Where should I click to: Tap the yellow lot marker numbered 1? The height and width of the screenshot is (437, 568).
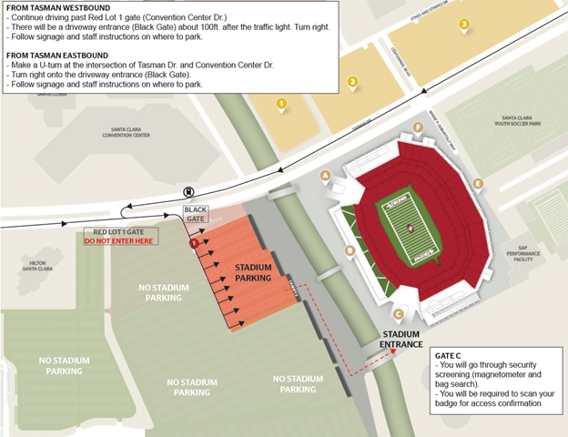(x=282, y=104)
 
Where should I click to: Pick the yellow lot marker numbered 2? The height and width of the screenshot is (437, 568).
(x=352, y=82)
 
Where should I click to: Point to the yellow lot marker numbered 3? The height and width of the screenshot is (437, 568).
(x=464, y=25)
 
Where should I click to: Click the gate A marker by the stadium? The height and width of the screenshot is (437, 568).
(x=325, y=175)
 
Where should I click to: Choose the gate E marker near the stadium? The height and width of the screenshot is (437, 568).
(x=478, y=183)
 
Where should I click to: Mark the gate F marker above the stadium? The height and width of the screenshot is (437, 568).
(x=418, y=127)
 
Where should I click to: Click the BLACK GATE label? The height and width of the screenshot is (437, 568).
(x=196, y=215)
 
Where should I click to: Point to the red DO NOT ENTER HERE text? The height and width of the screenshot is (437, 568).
(x=119, y=241)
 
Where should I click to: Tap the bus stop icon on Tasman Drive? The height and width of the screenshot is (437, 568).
(x=188, y=192)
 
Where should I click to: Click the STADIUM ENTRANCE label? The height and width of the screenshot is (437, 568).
(x=401, y=340)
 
